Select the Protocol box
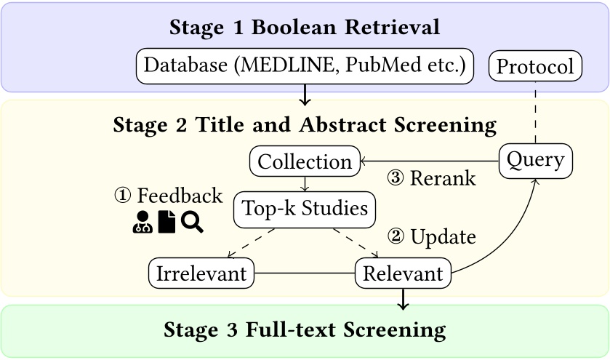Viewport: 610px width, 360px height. pyautogui.click(x=535, y=68)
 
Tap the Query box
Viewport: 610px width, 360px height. pyautogui.click(x=535, y=159)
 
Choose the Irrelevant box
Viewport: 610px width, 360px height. pyautogui.click(x=201, y=273)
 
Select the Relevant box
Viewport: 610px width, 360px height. pyautogui.click(x=402, y=273)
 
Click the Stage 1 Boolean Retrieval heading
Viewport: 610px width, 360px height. pyautogui.click(x=305, y=28)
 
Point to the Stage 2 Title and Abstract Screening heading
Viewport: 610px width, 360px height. pyautogui.click(x=305, y=124)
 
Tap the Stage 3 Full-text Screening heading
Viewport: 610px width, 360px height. pyautogui.click(x=305, y=330)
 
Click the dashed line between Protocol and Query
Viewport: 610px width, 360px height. pyautogui.click(x=535, y=113)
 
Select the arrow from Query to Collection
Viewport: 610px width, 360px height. pyautogui.click(x=429, y=161)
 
